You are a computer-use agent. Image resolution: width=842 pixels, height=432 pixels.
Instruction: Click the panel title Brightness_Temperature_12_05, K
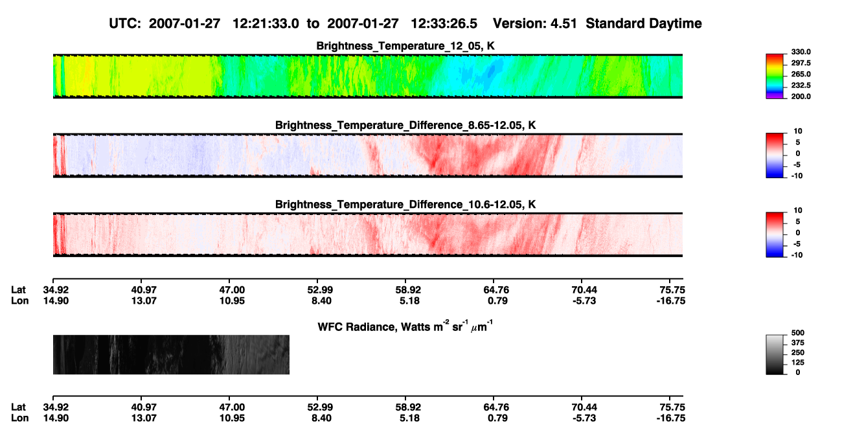pos(405,46)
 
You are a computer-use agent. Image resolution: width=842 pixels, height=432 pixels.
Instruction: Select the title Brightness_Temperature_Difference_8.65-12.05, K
pos(405,125)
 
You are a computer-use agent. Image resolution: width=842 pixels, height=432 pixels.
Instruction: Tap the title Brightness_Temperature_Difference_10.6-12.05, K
pos(405,205)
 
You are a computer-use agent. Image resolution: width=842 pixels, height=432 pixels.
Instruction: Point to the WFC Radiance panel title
pos(405,326)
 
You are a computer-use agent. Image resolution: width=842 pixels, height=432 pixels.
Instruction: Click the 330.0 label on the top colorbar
pos(801,52)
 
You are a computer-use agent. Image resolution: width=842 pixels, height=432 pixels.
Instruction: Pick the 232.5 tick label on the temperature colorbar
pos(801,85)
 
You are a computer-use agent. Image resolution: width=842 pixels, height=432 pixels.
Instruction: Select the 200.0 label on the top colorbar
pos(801,97)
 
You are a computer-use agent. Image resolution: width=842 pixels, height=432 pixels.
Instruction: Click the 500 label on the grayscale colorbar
pos(798,333)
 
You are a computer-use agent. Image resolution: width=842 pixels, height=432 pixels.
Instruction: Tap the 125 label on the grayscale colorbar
pos(798,363)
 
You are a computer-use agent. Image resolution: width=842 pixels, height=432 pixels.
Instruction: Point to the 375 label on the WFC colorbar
pos(798,343)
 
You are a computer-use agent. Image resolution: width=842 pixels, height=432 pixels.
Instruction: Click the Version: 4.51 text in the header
pos(534,24)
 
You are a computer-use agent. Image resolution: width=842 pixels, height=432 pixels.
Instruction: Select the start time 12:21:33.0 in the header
pos(266,24)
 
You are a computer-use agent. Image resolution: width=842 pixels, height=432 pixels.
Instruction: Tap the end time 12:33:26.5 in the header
pos(444,24)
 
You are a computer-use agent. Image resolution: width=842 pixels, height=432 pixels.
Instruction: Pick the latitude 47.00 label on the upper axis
pos(232,290)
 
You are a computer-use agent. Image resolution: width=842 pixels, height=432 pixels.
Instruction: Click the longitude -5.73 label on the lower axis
pos(584,418)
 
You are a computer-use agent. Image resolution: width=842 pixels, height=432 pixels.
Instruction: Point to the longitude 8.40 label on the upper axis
pos(321,301)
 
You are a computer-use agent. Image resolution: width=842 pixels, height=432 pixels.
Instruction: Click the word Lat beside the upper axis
pos(18,290)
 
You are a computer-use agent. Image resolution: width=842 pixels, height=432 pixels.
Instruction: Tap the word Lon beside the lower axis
pos(19,418)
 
